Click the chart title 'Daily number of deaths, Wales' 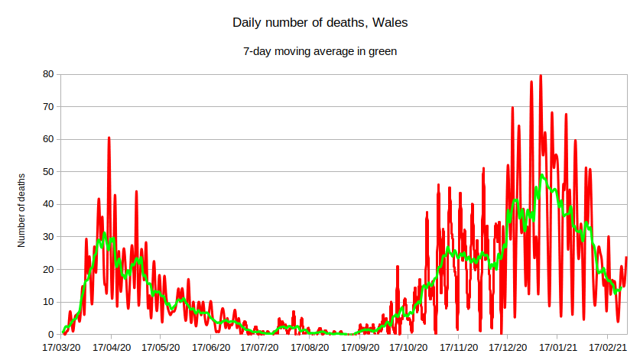320,23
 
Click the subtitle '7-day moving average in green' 320,51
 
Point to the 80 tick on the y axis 48,74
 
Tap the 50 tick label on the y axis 48,172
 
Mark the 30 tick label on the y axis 48,237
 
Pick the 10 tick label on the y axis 48,302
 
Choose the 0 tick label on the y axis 50,335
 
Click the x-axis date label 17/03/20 62,347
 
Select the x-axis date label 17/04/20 112,347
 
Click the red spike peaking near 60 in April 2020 109,139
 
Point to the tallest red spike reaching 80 541,76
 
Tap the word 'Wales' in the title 390,23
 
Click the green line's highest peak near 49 541,176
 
